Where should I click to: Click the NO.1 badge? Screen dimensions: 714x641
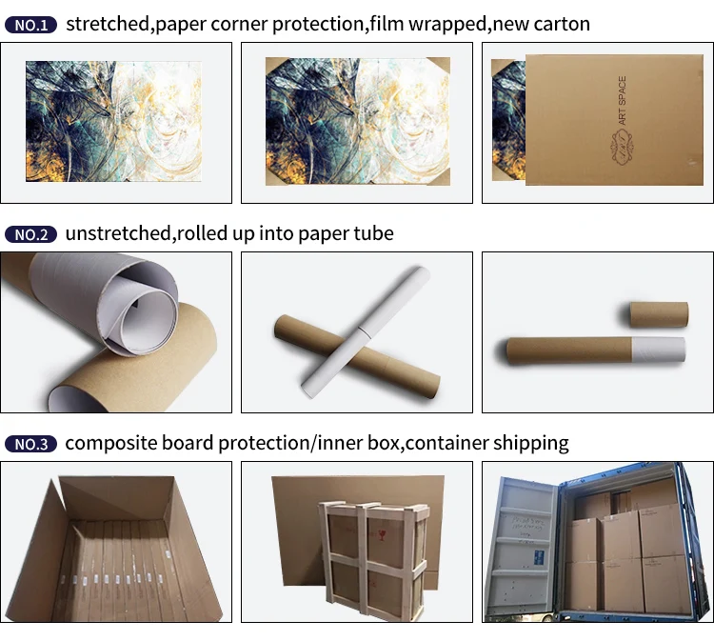click(x=31, y=24)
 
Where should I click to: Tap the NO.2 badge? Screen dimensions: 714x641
click(x=31, y=234)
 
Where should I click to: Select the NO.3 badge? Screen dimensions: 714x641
click(x=31, y=444)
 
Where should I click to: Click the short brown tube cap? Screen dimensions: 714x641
click(x=658, y=314)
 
